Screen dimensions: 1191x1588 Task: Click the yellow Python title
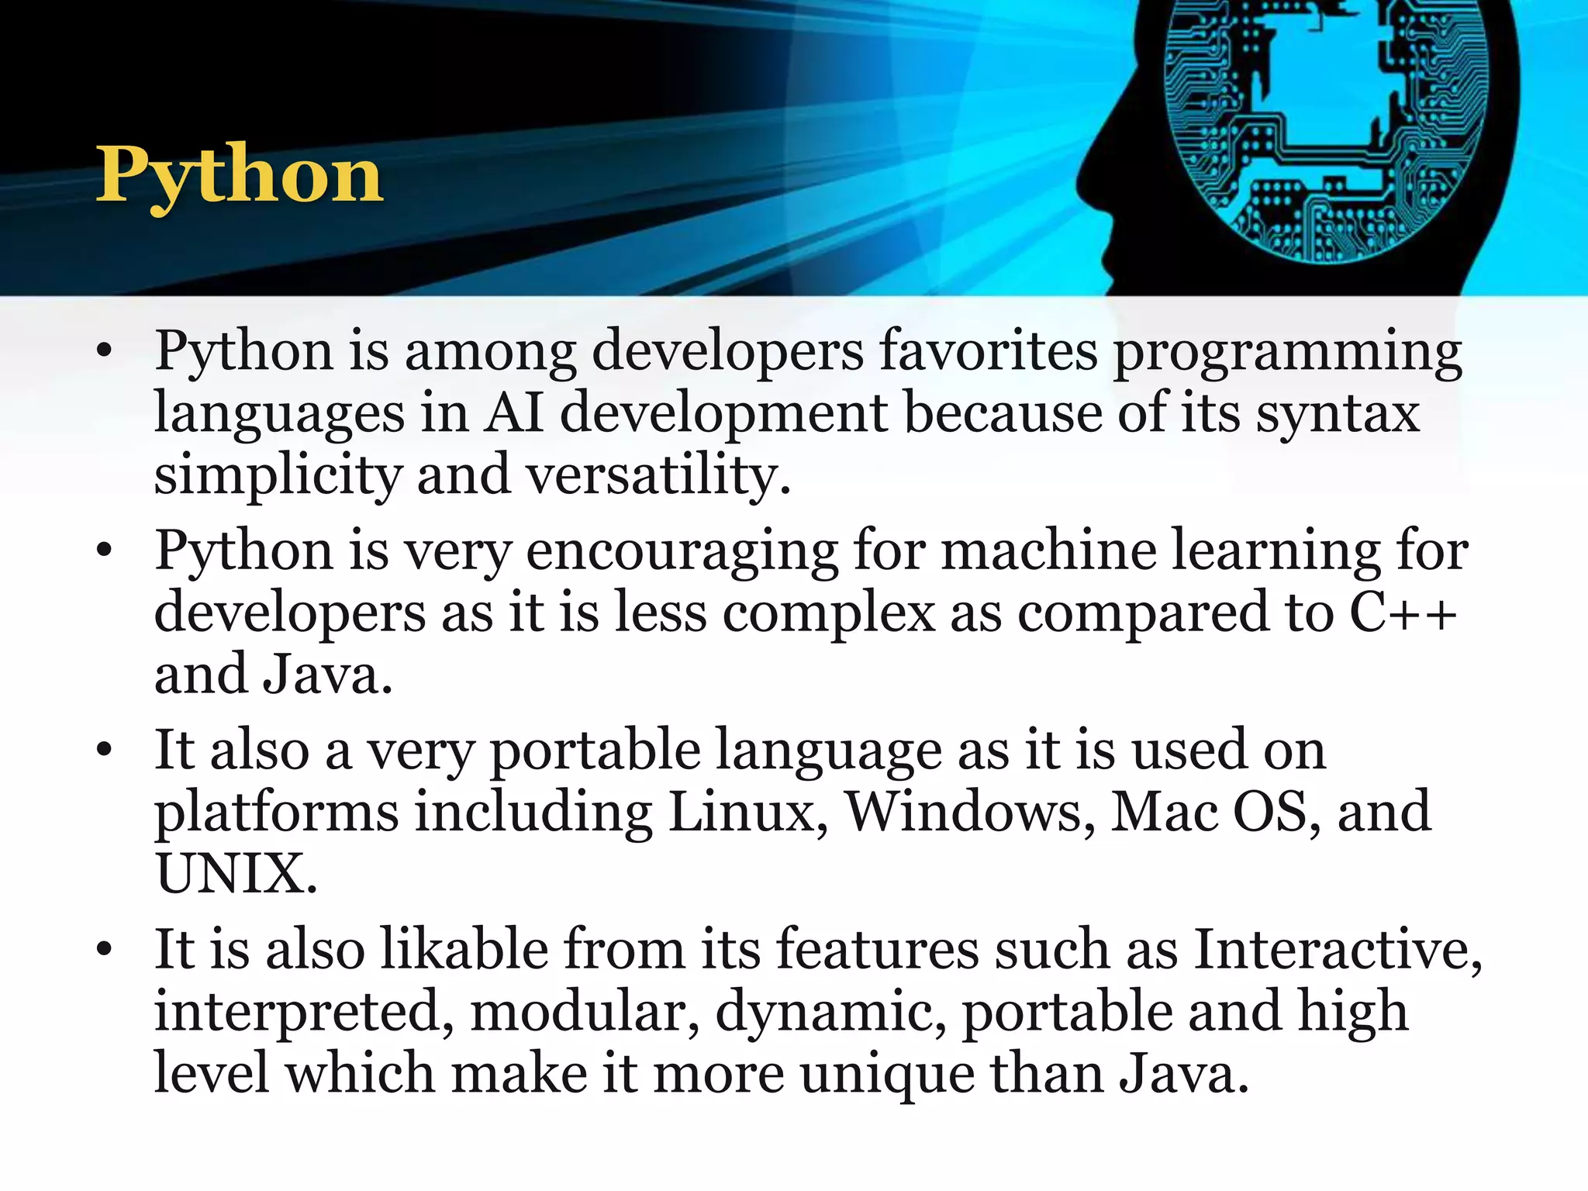pyautogui.click(x=240, y=176)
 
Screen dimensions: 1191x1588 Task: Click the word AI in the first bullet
pyautogui.click(x=513, y=412)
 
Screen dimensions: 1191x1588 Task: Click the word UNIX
pyautogui.click(x=236, y=874)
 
